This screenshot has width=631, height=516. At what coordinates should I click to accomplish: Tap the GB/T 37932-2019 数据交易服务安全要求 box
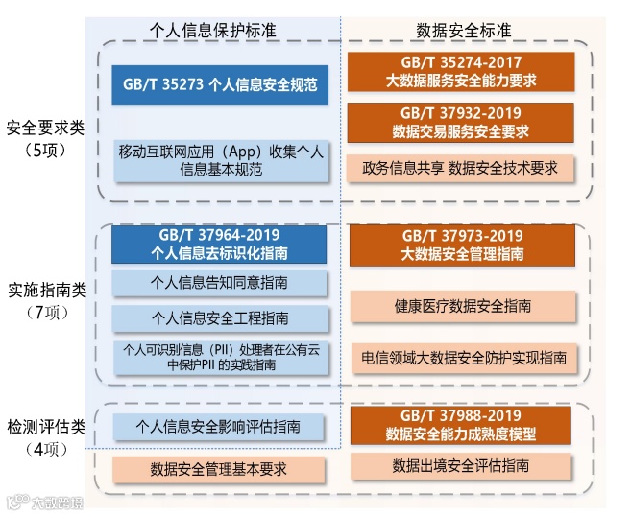pos(461,122)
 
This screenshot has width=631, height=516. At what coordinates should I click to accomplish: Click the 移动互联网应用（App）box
pos(220,160)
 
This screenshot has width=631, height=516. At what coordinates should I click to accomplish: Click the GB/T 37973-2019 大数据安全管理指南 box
pos(461,245)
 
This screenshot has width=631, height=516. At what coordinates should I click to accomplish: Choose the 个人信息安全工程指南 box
pos(220,318)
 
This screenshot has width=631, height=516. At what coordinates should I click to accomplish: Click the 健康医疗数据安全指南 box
pos(461,306)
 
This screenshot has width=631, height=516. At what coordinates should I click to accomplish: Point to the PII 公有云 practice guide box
pos(220,356)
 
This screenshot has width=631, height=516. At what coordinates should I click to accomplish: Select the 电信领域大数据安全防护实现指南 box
pos(461,357)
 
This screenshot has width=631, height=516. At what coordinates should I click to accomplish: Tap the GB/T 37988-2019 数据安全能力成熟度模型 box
pos(461,425)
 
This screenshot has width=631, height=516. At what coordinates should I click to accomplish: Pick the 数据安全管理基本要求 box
pos(220,470)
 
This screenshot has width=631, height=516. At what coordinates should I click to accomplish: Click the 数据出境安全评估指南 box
pos(461,466)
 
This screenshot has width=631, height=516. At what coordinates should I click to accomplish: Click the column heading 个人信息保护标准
pos(213,30)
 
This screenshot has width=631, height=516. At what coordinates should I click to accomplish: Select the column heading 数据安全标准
pos(464,30)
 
